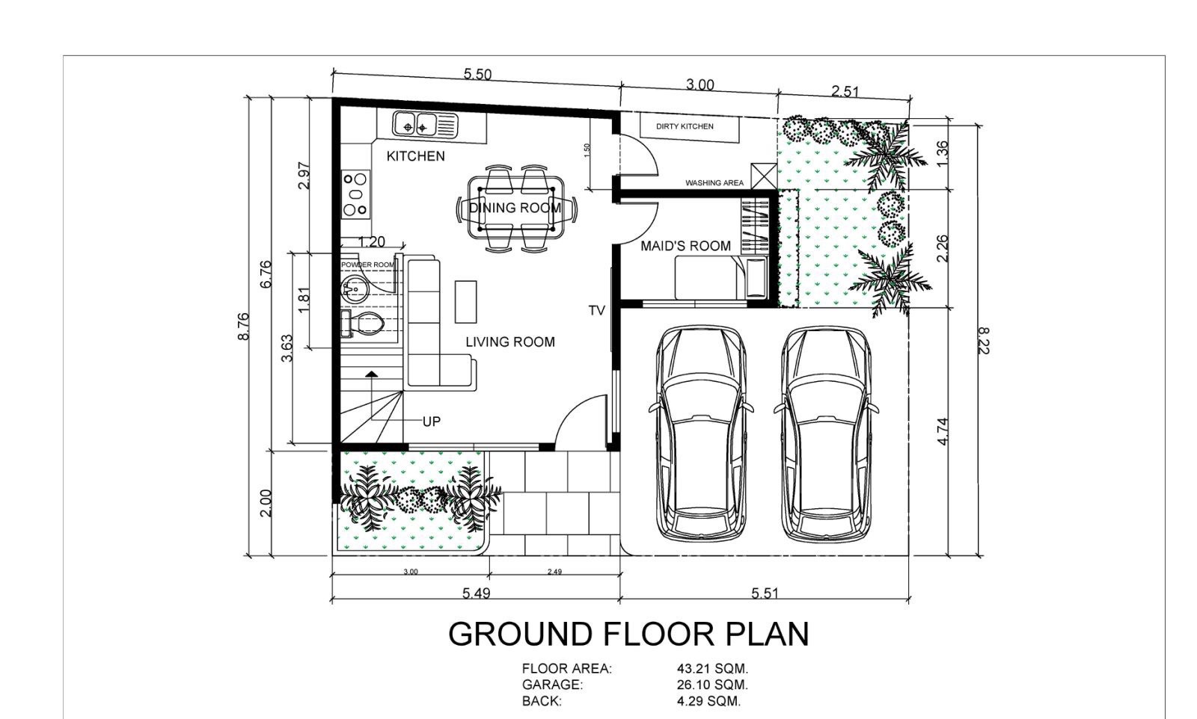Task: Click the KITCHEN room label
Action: click(415, 156)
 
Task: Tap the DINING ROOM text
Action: click(515, 208)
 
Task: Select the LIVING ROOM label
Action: click(509, 342)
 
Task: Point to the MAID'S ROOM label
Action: click(685, 246)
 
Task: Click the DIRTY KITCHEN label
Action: click(685, 126)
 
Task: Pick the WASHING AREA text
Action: click(714, 183)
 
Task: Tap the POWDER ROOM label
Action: click(367, 265)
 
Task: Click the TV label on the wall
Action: click(597, 311)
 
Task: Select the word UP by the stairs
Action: click(431, 422)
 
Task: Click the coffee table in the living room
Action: click(465, 302)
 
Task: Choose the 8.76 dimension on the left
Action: click(244, 326)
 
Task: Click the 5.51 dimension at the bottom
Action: click(765, 593)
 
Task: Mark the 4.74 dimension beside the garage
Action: click(943, 431)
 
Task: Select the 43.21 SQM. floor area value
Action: click(712, 669)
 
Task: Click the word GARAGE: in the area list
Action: click(552, 685)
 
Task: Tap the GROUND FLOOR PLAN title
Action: click(628, 634)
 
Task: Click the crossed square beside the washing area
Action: click(764, 176)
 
